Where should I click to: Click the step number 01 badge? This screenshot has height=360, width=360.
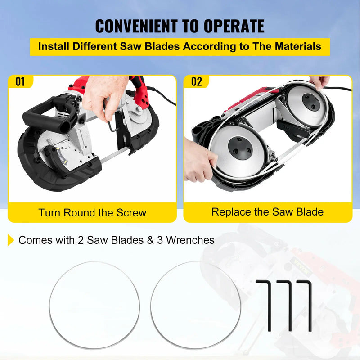(21, 82)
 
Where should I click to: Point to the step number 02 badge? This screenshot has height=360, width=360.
(197, 82)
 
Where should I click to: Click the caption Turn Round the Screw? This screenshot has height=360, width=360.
(92, 212)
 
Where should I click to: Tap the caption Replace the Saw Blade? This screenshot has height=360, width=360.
(268, 211)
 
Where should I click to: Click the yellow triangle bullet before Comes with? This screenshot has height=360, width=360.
(11, 240)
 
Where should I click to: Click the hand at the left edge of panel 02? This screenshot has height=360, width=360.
(198, 160)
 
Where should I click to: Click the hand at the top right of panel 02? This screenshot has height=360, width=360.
(320, 82)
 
